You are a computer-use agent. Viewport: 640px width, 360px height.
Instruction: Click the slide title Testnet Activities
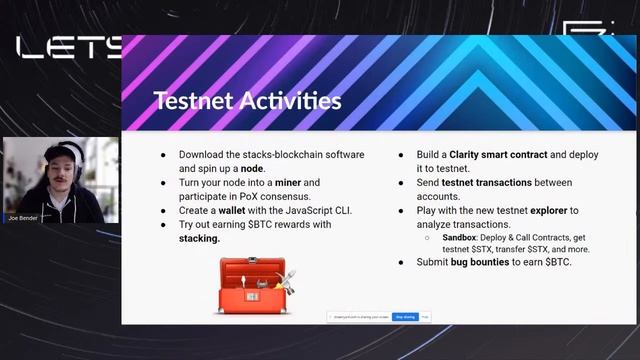pos(247,101)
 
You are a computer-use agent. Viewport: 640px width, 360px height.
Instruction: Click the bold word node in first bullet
pos(252,169)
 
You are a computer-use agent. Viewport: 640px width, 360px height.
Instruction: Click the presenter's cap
pos(60,151)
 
